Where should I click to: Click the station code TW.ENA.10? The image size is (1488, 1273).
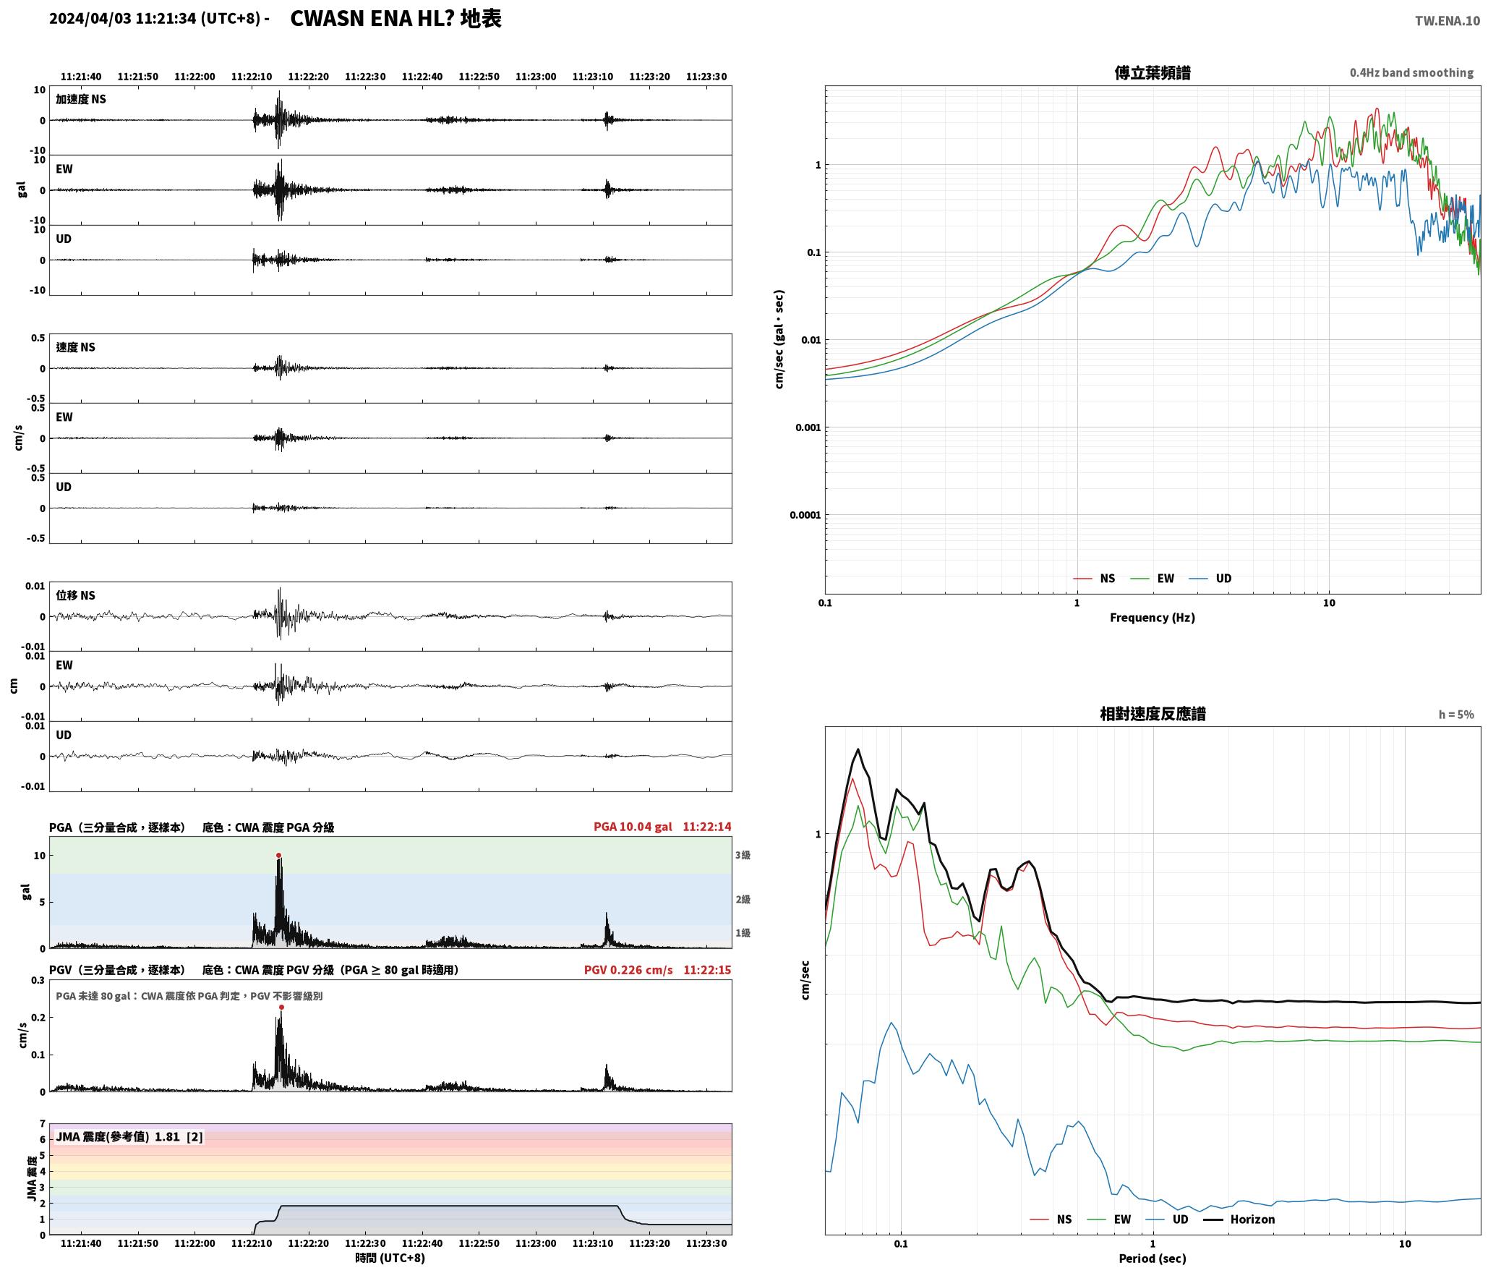(x=1448, y=21)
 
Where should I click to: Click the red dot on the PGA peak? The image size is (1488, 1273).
(x=278, y=856)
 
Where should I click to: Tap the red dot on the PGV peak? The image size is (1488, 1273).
(x=281, y=1008)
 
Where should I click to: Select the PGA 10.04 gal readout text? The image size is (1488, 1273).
(x=633, y=827)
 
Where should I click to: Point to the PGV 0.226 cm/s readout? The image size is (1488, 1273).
(x=628, y=970)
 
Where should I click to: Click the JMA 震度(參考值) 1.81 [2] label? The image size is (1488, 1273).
(x=129, y=1137)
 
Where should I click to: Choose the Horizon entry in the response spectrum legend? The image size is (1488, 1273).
(x=1239, y=1219)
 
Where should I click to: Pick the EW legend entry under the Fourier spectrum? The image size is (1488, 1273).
(x=1153, y=579)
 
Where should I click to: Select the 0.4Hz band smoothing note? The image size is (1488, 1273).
(x=1411, y=73)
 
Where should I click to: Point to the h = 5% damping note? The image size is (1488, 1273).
(x=1456, y=715)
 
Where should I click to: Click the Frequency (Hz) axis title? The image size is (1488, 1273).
(x=1153, y=618)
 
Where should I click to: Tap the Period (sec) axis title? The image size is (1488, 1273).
(x=1153, y=1259)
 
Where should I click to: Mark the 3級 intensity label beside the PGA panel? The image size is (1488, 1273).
(x=743, y=856)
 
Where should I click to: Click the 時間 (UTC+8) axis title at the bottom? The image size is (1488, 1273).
(x=390, y=1258)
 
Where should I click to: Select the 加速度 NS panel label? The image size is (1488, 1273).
(x=81, y=99)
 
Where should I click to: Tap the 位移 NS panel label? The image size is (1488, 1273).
(x=75, y=595)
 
